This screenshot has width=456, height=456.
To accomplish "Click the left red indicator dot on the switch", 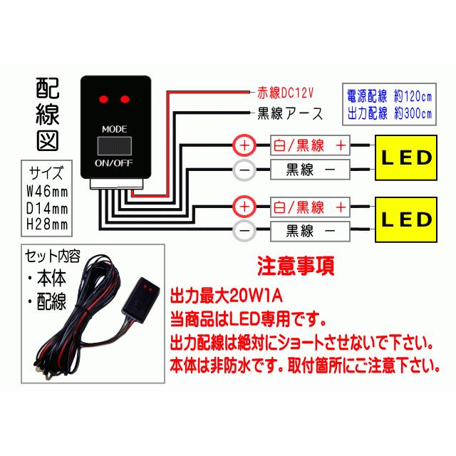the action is point(105,96).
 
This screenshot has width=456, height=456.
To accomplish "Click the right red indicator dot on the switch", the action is point(127,96).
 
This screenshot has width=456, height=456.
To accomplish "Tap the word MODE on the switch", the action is point(115,129).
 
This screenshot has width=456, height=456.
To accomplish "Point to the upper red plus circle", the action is point(245,145).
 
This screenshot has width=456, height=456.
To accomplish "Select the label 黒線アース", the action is point(289,113).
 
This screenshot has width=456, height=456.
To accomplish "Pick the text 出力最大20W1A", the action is point(227,295).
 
